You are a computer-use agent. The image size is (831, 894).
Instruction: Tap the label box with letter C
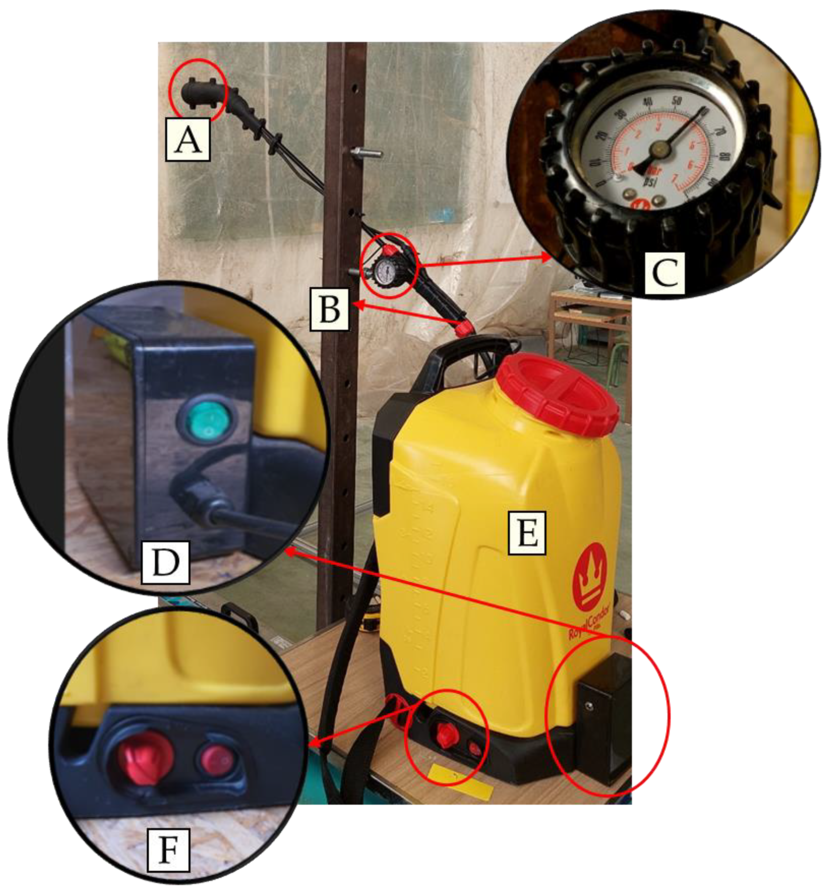(665, 272)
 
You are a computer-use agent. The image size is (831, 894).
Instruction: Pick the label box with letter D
(165, 562)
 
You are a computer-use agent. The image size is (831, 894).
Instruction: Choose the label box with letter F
(169, 849)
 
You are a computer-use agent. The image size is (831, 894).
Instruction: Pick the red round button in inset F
(215, 758)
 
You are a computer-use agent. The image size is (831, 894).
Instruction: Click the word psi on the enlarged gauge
(649, 181)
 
